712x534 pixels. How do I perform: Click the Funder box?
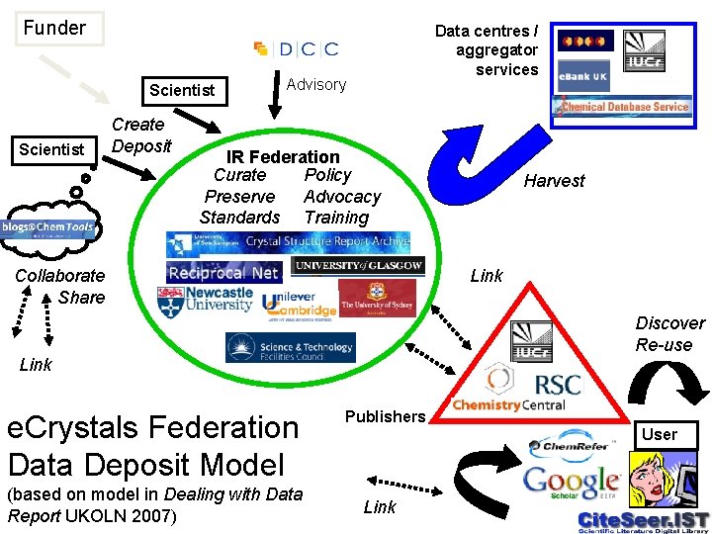(55, 28)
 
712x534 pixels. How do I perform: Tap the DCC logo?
(296, 48)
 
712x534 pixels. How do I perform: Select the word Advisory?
(315, 85)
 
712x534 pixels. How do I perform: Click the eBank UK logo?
(583, 76)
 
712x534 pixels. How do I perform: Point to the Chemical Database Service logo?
(624, 107)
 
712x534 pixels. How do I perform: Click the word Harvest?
(554, 181)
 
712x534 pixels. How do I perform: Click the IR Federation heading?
(283, 156)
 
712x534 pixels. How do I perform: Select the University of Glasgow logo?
(359, 265)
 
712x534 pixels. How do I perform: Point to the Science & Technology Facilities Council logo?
(291, 347)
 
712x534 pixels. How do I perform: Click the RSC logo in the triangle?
(557, 383)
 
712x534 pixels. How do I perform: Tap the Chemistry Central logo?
(509, 404)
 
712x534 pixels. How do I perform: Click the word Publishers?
(385, 416)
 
